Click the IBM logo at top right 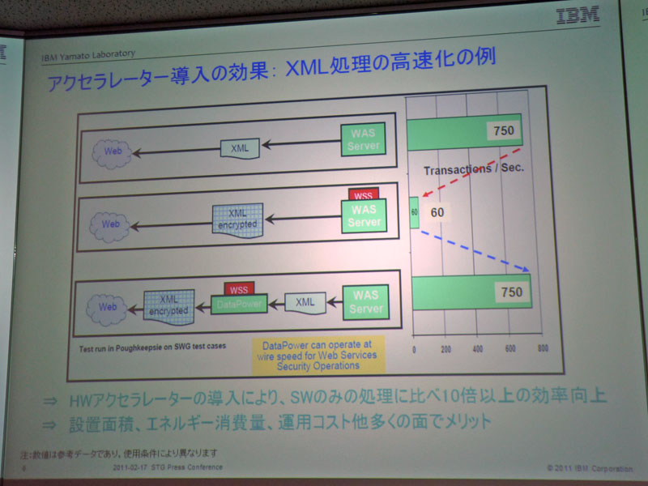578,15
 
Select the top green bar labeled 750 464,131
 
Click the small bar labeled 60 414,212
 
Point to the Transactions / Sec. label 475,170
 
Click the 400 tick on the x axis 477,348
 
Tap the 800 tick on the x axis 541,348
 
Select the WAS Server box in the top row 362,140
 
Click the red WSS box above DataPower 238,288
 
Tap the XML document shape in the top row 241,147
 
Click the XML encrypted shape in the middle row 236,219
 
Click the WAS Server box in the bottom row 365,302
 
